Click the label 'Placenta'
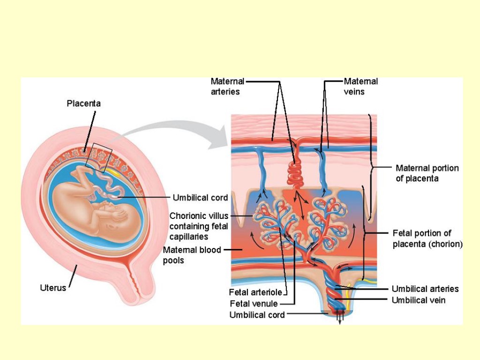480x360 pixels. (83, 103)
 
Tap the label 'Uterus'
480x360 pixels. (53, 287)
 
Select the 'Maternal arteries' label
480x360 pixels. (227, 87)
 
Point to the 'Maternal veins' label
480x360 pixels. (360, 87)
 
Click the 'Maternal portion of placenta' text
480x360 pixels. (427, 173)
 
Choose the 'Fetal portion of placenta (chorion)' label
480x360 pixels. (427, 239)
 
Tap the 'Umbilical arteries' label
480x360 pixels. (425, 289)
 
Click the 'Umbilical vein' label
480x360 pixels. (418, 300)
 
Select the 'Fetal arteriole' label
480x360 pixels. (255, 292)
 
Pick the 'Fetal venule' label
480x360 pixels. (254, 304)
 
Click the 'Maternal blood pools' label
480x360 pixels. (192, 255)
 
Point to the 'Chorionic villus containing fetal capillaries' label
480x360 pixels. (199, 226)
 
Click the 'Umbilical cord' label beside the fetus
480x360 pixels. (200, 197)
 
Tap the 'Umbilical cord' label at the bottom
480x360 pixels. (257, 315)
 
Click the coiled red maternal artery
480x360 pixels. (296, 173)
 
